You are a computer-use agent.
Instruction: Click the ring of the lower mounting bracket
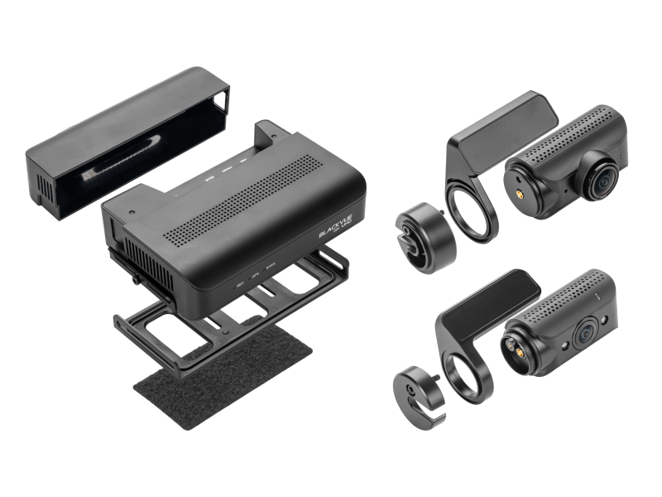click(464, 373)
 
